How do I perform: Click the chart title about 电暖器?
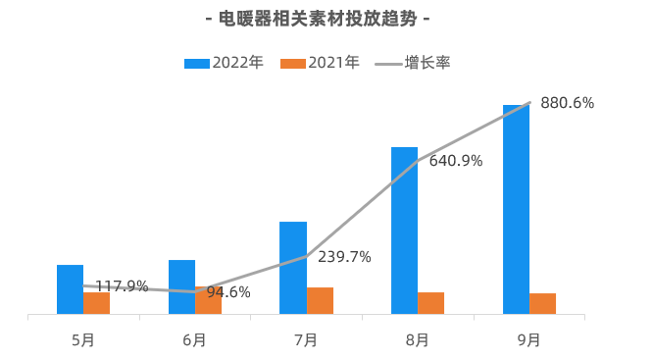click(x=319, y=19)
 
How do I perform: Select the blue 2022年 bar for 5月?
click(x=70, y=289)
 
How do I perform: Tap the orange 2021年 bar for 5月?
click(x=96, y=303)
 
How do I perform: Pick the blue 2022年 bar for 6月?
click(x=181, y=286)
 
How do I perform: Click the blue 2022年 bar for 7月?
click(x=293, y=268)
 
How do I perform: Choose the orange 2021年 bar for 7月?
click(x=320, y=300)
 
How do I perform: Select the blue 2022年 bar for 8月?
click(x=404, y=231)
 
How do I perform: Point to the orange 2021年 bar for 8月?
click(x=431, y=303)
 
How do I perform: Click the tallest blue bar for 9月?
click(x=516, y=209)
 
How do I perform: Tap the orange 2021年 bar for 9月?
click(x=542, y=303)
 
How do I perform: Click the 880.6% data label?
click(x=567, y=103)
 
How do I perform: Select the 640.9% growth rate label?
click(x=456, y=161)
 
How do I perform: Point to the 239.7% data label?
click(x=344, y=257)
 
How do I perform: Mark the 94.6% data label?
click(x=228, y=292)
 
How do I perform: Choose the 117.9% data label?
click(x=122, y=286)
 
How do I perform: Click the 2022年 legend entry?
click(x=224, y=63)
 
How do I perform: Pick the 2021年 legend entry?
click(x=321, y=63)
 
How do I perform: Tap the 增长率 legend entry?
click(x=413, y=63)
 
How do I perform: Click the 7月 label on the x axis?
click(x=306, y=340)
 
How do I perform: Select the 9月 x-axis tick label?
click(x=528, y=340)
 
